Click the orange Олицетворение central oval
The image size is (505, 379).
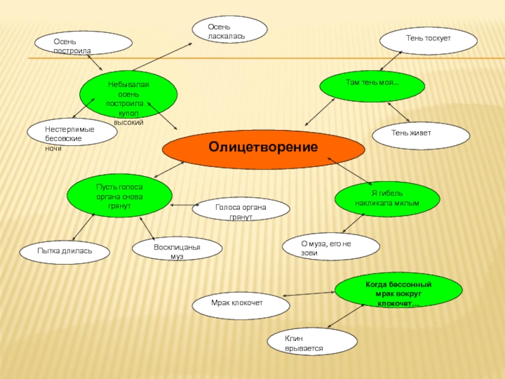(263, 148)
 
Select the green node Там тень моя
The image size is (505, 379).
(372, 86)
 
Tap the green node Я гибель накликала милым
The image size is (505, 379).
(386, 198)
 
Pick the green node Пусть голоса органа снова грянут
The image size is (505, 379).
(119, 196)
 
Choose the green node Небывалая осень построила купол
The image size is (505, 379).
(128, 94)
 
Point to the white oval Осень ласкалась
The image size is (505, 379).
(229, 30)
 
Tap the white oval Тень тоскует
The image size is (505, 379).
(428, 40)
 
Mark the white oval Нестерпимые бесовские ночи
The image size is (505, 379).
(72, 132)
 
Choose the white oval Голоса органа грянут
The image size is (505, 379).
(241, 210)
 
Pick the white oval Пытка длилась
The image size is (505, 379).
(64, 251)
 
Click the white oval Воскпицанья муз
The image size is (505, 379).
(177, 250)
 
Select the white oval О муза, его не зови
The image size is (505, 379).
(331, 246)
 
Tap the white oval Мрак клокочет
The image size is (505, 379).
(241, 305)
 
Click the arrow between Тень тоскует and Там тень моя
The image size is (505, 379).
(389, 61)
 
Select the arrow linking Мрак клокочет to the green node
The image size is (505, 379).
(310, 294)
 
